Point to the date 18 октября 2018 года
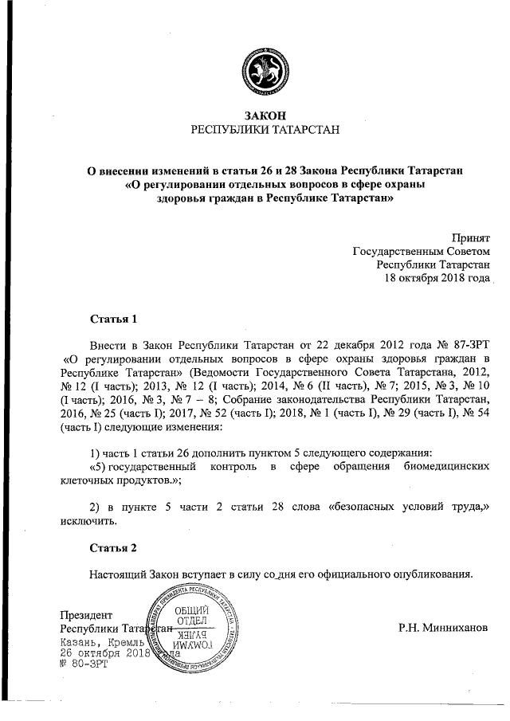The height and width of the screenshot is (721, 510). point(437,278)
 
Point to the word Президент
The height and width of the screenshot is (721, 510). point(87,614)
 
